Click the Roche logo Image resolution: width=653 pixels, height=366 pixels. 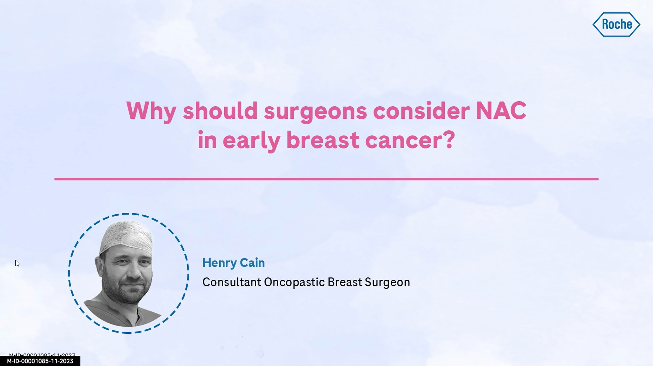[616, 25]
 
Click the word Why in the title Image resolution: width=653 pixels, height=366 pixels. [151, 111]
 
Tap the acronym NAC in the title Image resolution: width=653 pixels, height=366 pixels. [501, 111]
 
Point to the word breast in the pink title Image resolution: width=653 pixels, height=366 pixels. [323, 140]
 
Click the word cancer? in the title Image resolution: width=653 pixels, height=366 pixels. [410, 140]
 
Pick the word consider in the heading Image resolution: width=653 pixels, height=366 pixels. [421, 111]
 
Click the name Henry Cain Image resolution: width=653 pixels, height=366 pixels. [233, 263]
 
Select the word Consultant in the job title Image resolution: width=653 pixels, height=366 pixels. [232, 282]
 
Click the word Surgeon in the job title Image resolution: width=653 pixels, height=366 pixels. [387, 282]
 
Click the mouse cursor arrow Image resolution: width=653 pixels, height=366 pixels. [17, 263]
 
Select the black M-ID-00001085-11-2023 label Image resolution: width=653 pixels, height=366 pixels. [40, 361]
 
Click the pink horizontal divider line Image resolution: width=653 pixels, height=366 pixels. [326, 179]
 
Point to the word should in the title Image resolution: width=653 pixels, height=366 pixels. [220, 111]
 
